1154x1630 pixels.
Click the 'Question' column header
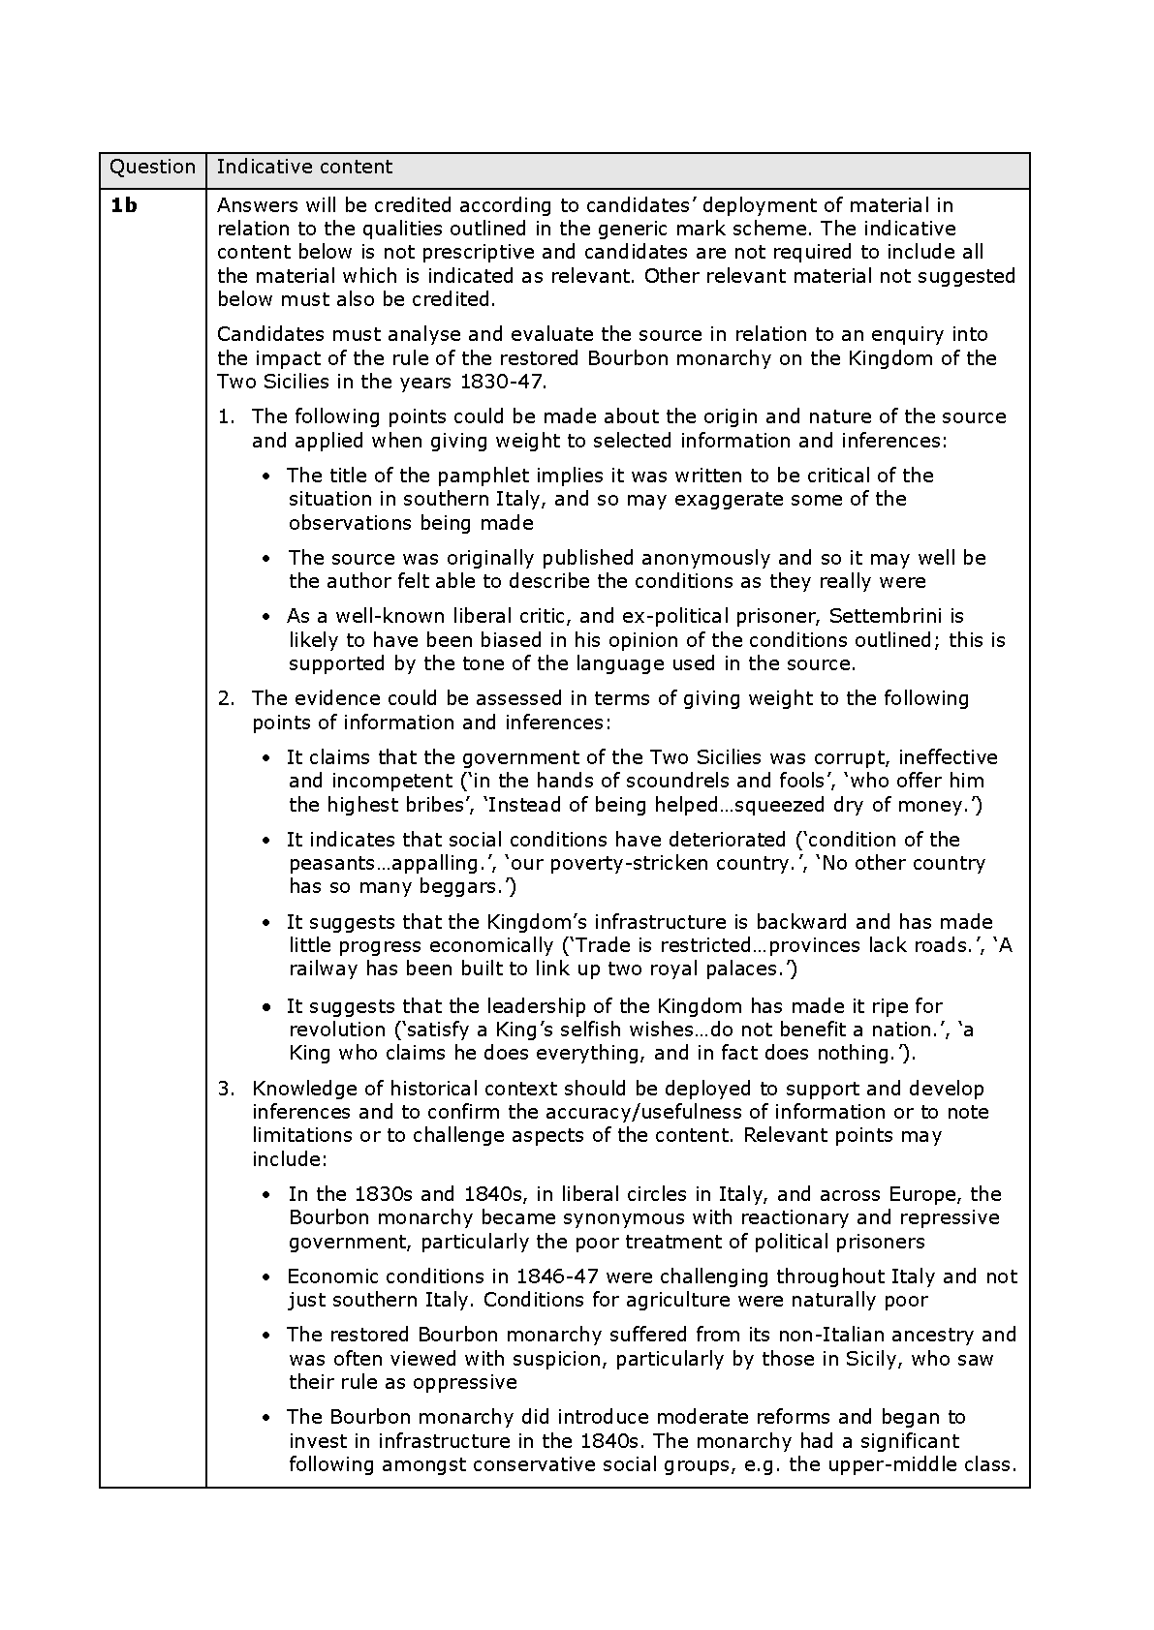[x=152, y=168]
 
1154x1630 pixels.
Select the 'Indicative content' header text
[x=304, y=168]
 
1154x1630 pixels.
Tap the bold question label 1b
[x=123, y=205]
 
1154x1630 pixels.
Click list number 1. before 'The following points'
[x=226, y=416]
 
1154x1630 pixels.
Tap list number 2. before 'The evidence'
[x=226, y=698]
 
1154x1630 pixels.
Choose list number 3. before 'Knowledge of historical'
[x=226, y=1089]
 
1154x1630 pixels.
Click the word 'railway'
[x=324, y=969]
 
